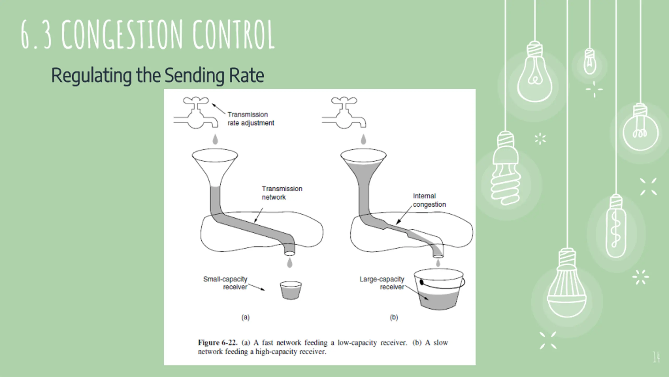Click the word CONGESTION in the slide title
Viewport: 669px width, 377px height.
click(122, 35)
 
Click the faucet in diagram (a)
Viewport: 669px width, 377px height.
click(196, 115)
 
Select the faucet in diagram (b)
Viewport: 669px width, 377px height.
click(344, 115)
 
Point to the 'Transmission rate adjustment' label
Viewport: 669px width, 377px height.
click(250, 119)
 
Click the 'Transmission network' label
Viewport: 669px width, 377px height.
click(282, 193)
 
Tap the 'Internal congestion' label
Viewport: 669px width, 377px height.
click(429, 200)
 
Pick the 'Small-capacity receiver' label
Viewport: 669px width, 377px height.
click(225, 283)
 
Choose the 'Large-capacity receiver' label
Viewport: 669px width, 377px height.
click(382, 283)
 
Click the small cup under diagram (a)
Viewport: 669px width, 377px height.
click(291, 290)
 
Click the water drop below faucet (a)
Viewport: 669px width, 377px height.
click(215, 139)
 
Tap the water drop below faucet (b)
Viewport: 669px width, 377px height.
click(363, 139)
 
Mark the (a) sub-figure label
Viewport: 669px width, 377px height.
click(245, 317)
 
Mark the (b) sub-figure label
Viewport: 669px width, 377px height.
click(394, 317)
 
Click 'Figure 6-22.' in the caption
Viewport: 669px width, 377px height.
click(218, 343)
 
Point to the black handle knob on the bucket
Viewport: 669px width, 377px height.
click(422, 282)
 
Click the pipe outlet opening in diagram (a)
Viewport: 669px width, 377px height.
click(289, 253)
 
